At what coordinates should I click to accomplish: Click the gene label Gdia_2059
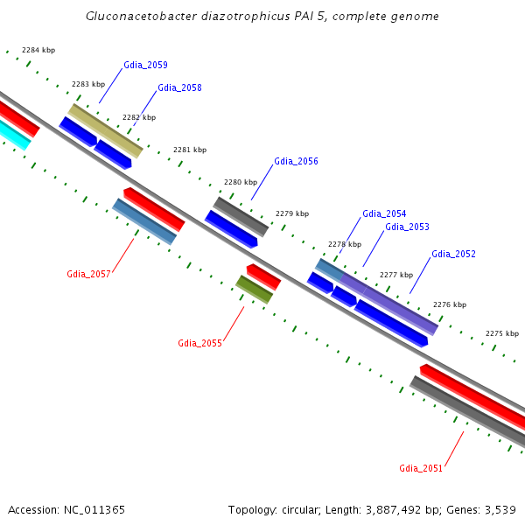tap(145, 66)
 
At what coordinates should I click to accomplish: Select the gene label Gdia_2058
tap(179, 88)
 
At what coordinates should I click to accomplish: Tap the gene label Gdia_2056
tap(296, 162)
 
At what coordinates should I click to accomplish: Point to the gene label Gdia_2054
tap(384, 214)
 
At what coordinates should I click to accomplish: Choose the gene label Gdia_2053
tap(407, 227)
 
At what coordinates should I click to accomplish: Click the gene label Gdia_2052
tap(453, 255)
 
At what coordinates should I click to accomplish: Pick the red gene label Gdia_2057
tap(88, 275)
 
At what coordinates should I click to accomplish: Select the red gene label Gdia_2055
tap(199, 343)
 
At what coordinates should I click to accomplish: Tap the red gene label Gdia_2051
tap(421, 469)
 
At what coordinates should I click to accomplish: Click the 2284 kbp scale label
tap(38, 51)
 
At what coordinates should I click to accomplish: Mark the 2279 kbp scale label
tap(291, 213)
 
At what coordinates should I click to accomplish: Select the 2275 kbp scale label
tap(501, 333)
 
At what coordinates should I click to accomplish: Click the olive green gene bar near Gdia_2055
tap(254, 290)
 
